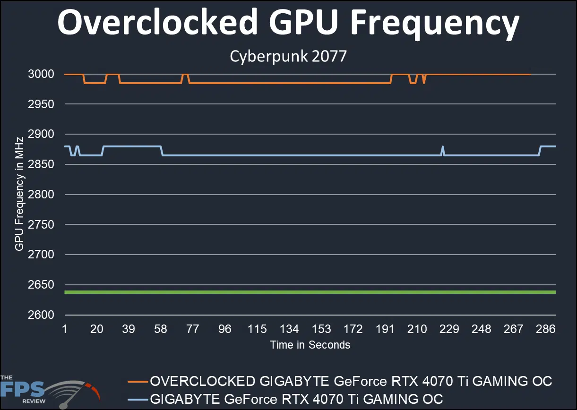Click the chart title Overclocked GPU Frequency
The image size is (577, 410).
coord(288,23)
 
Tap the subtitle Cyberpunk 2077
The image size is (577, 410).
coord(288,57)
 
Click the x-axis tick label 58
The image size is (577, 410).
coord(161,329)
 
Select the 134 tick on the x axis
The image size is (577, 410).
coord(289,329)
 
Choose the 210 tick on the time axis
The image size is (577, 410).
coord(417,329)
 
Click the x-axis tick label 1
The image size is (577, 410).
coord(65,329)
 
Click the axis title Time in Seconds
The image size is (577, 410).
coord(310,345)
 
